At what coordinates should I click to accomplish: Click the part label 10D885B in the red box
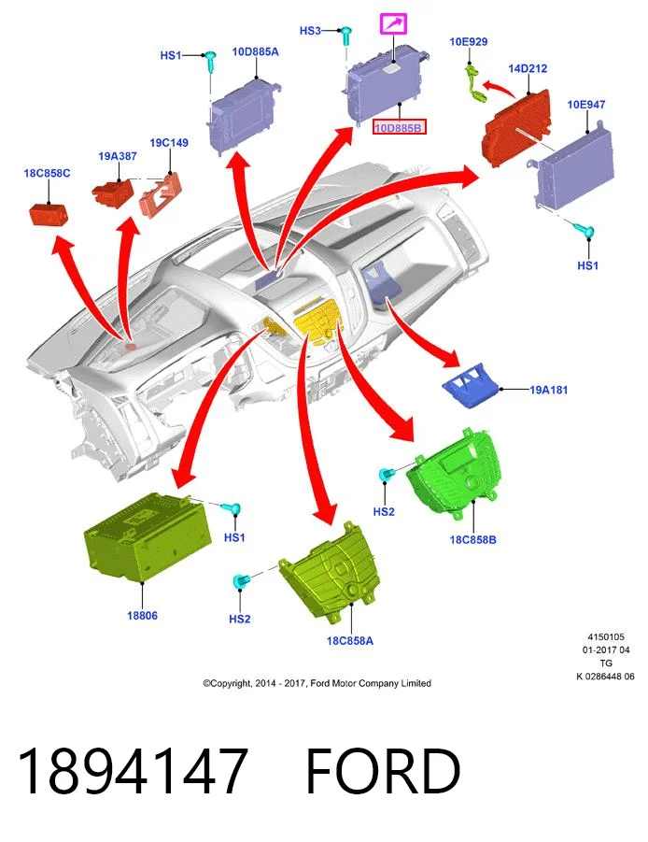tap(399, 127)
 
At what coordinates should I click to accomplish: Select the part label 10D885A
tap(255, 52)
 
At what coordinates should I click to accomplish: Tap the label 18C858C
tap(47, 174)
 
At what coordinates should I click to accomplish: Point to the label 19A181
tap(548, 390)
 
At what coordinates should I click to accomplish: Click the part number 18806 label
tap(142, 616)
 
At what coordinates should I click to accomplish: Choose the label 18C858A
tap(350, 641)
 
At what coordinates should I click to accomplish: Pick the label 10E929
tap(469, 41)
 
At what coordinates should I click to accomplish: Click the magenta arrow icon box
tap(394, 24)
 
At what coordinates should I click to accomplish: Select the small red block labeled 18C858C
tap(48, 214)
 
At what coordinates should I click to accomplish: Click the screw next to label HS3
tap(347, 36)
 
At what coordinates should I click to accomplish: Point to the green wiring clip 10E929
tap(474, 81)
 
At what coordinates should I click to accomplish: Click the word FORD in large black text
tap(383, 770)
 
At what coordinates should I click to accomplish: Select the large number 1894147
tap(133, 770)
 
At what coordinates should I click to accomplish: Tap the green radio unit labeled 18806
tap(147, 537)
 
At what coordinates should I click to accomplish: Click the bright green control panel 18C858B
tap(456, 473)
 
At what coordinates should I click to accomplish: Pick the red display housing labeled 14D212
tap(517, 128)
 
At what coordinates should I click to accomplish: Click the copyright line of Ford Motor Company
tap(317, 683)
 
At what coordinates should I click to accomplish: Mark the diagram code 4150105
tap(606, 636)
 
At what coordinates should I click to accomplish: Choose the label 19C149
tap(169, 143)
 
